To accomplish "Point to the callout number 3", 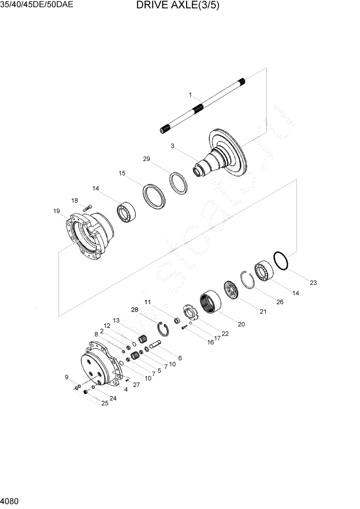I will tap(173, 146).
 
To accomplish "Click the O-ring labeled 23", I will tap(281, 260).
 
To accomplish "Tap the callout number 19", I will tap(56, 211).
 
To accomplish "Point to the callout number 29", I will tap(146, 160).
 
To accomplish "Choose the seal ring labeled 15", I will tap(154, 195).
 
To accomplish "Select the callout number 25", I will tap(105, 403).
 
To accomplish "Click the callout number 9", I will tap(66, 378).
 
